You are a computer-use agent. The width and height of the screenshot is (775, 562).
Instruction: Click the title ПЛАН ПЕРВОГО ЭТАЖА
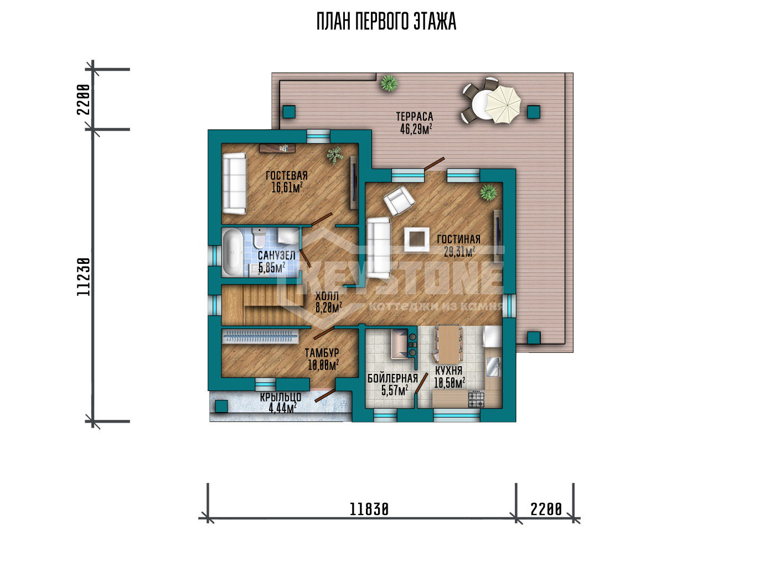386,22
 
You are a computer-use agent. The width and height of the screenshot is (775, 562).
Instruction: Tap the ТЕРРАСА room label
415,117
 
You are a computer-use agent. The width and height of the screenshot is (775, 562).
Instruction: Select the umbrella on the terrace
503,104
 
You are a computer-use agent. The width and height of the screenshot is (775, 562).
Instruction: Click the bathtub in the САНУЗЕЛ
232,253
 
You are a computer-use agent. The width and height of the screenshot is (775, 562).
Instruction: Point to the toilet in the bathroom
258,238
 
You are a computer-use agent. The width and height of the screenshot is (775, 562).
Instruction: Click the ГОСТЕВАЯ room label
287,175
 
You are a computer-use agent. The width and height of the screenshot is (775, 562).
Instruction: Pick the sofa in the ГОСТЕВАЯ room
235,184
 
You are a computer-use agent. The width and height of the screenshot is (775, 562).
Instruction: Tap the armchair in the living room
399,201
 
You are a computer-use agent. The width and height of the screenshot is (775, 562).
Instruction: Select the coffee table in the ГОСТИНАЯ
417,239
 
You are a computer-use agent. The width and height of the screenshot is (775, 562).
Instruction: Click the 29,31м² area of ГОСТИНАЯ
459,252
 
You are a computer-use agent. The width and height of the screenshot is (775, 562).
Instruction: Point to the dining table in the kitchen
449,344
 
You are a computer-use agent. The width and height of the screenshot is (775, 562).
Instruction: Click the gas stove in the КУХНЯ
477,399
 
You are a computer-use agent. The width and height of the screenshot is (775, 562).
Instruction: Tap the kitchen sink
493,367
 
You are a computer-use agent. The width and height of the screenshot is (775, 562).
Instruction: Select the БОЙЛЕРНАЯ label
392,379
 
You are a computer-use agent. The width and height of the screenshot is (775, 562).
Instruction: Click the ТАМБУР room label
322,353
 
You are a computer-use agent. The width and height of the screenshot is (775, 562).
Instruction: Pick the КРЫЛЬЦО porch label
281,398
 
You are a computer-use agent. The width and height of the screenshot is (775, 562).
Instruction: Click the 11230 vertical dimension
84,277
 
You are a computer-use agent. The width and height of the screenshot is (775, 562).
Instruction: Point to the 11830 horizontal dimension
369,509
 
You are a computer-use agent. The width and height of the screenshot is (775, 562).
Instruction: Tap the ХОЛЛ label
327,296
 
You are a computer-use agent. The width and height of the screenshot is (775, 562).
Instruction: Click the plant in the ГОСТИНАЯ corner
488,192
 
